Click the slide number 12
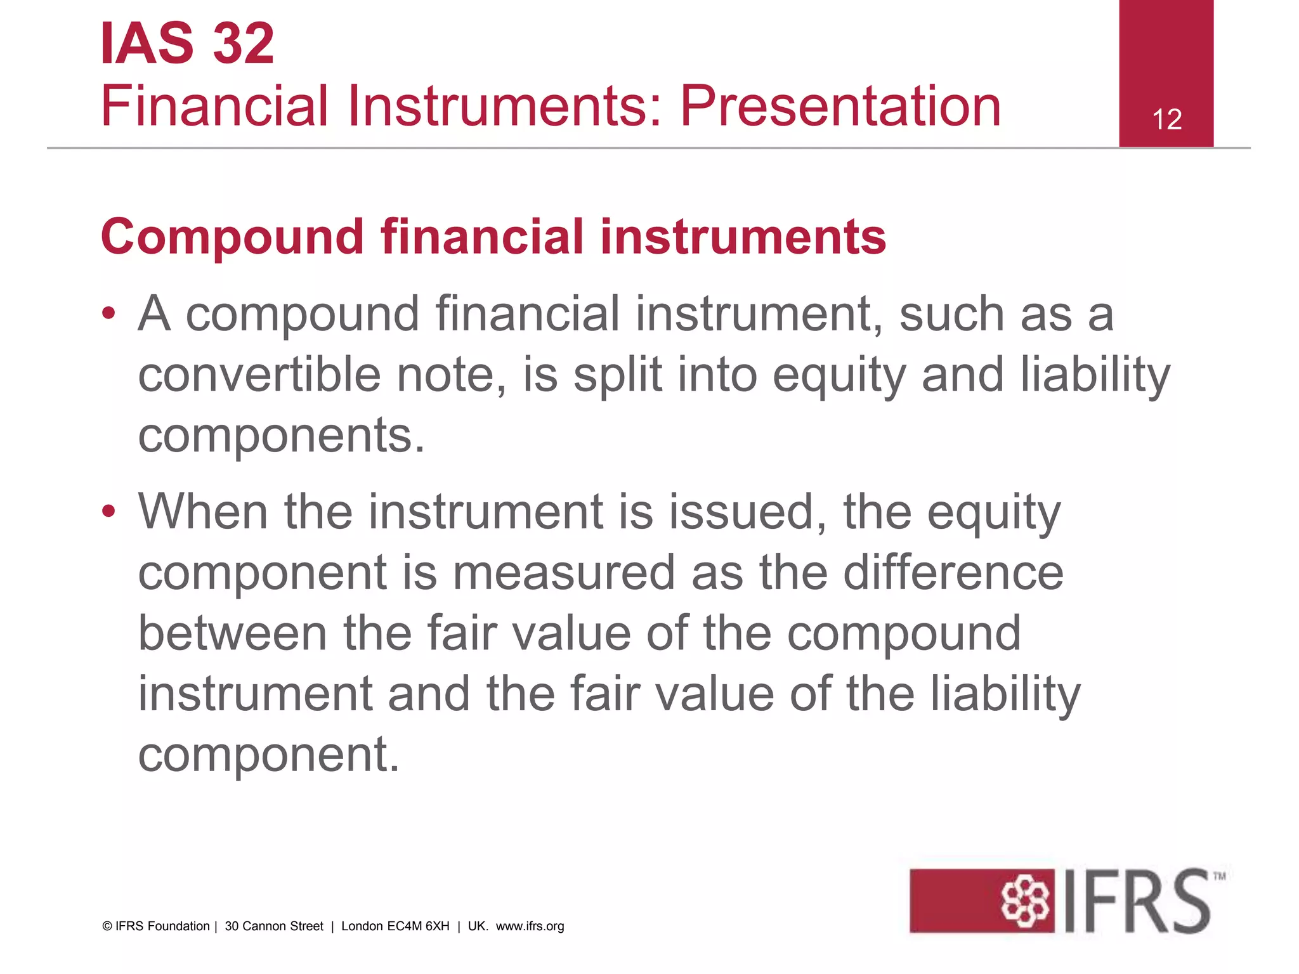tap(1166, 120)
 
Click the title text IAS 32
tap(188, 43)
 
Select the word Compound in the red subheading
tap(232, 237)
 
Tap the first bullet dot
tap(109, 313)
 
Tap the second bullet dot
tap(109, 510)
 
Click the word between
tap(232, 633)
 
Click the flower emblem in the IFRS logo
tap(1024, 900)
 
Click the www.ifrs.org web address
tap(530, 926)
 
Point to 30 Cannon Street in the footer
tap(274, 926)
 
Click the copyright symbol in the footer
tap(107, 926)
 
